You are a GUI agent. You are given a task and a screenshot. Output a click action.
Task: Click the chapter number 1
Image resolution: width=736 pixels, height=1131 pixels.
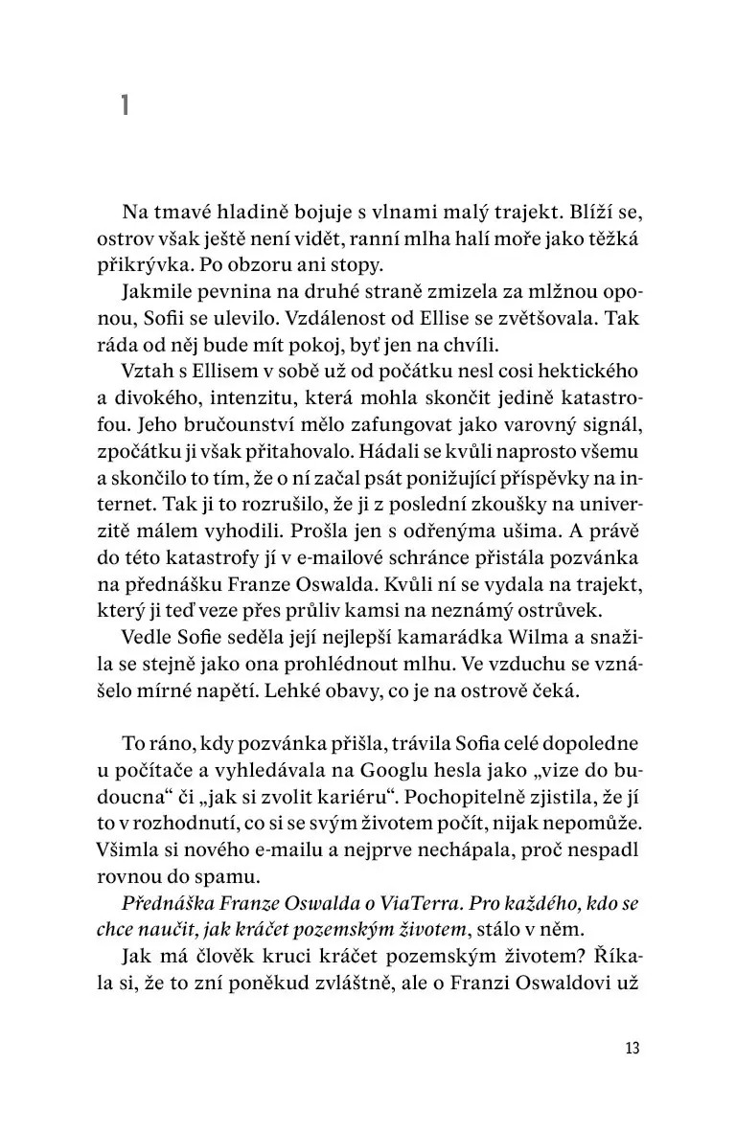tap(125, 104)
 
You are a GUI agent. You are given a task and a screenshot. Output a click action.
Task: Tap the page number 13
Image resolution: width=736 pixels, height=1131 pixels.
tap(631, 1048)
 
